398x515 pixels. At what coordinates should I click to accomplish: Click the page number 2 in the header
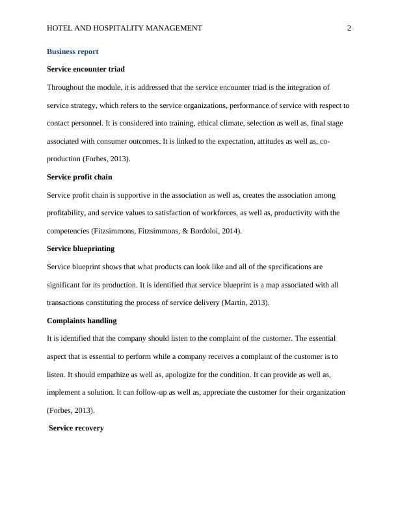pos(349,28)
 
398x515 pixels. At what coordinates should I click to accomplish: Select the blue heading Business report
pos(73,51)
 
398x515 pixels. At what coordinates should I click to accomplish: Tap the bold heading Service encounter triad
pos(86,69)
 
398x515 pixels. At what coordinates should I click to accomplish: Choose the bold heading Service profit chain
pos(79,177)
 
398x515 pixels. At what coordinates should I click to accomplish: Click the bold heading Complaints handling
pos(82,321)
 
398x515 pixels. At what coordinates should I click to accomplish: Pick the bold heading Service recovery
pos(76,429)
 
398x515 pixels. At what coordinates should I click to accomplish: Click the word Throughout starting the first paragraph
pos(67,87)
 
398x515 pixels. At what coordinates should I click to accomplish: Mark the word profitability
pos(70,213)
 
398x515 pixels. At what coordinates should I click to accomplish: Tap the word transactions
pos(70,302)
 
